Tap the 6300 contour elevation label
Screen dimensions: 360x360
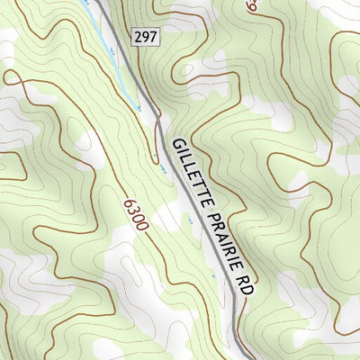click(x=135, y=213)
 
